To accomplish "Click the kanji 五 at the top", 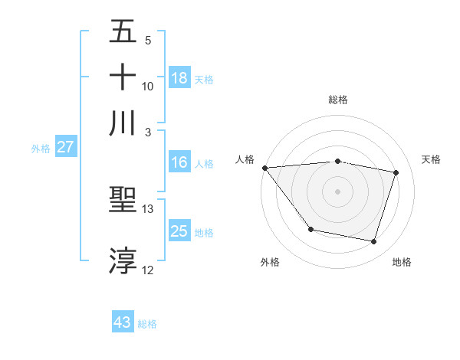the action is click(123, 32).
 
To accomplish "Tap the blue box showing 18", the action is click(179, 77).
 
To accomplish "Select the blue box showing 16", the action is click(179, 162).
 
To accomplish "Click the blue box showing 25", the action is click(179, 231).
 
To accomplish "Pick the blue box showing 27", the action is click(65, 147).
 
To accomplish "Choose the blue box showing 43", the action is click(123, 322).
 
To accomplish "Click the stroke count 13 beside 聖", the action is click(148, 209).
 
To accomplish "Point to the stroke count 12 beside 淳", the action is click(148, 270).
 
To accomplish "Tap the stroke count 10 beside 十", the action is click(148, 86).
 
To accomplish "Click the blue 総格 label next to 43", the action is click(147, 324).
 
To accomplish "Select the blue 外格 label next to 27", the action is click(41, 149).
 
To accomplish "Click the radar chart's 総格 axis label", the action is click(337, 100).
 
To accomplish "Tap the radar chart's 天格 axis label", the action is click(431, 159).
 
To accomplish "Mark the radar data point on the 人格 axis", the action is click(264, 168).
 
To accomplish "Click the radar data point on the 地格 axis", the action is click(373, 242).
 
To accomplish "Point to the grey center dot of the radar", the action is click(337, 191).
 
